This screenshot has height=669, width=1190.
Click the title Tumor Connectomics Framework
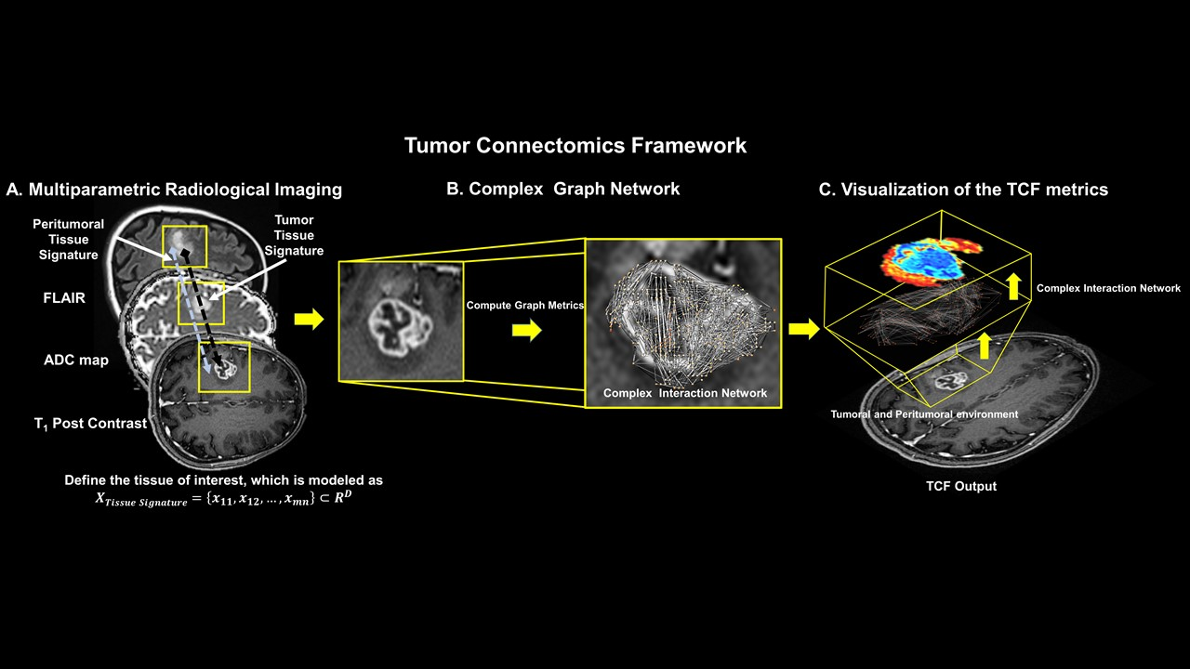575,146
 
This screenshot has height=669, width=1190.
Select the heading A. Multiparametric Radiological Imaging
174,190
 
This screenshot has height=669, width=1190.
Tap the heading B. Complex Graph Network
562,189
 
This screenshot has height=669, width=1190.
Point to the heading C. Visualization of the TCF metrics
963,190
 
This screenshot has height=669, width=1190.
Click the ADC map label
75,361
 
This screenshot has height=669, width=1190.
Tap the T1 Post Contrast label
90,423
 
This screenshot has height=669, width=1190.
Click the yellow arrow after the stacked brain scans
309,320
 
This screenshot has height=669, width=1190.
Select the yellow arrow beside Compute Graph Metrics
526,331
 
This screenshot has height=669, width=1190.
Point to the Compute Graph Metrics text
524,305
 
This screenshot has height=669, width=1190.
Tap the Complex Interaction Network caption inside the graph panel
685,393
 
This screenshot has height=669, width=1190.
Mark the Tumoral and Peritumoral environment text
924,414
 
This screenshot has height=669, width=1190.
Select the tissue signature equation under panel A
223,497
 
